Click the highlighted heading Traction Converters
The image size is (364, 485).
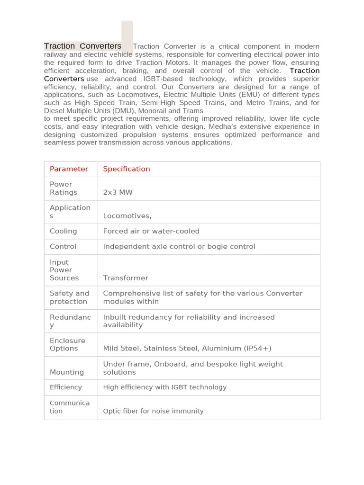(82, 46)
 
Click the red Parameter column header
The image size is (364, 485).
(69, 169)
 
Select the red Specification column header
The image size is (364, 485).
(126, 169)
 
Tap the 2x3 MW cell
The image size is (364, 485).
(118, 192)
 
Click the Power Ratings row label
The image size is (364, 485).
(64, 188)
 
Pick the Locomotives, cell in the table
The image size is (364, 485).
(127, 216)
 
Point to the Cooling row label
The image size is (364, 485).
(63, 231)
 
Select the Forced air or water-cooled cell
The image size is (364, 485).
(151, 231)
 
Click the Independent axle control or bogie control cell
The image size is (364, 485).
(179, 246)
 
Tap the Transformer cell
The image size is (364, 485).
(126, 278)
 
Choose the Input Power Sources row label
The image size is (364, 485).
(64, 270)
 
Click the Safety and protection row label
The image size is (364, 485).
(69, 297)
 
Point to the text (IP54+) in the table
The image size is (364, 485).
(257, 349)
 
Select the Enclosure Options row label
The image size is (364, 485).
(67, 344)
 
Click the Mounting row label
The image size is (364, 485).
(67, 372)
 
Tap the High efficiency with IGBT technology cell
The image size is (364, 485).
(164, 387)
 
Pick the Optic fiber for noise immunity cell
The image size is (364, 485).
(153, 411)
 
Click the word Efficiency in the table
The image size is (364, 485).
(66, 387)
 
